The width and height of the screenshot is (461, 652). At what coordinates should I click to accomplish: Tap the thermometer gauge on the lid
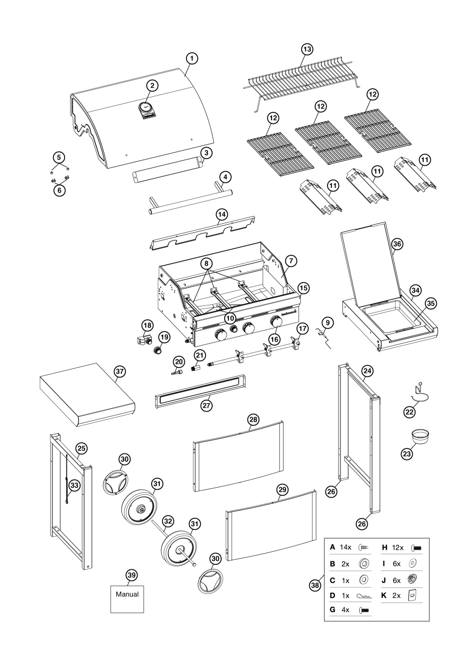point(146,106)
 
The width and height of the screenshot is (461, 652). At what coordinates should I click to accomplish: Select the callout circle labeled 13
point(307,49)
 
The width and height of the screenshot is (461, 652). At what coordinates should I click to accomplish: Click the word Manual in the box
point(127,594)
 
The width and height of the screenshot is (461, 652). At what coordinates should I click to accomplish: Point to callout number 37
point(119,371)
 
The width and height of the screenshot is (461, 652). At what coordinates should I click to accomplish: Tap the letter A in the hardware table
point(332,547)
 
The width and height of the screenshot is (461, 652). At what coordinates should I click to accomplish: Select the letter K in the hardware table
point(382,595)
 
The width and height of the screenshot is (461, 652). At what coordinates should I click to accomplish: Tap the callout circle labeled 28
point(253,419)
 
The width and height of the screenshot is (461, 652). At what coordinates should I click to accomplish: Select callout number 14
point(222,214)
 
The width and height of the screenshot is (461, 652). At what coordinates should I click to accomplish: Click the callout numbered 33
point(75,485)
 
